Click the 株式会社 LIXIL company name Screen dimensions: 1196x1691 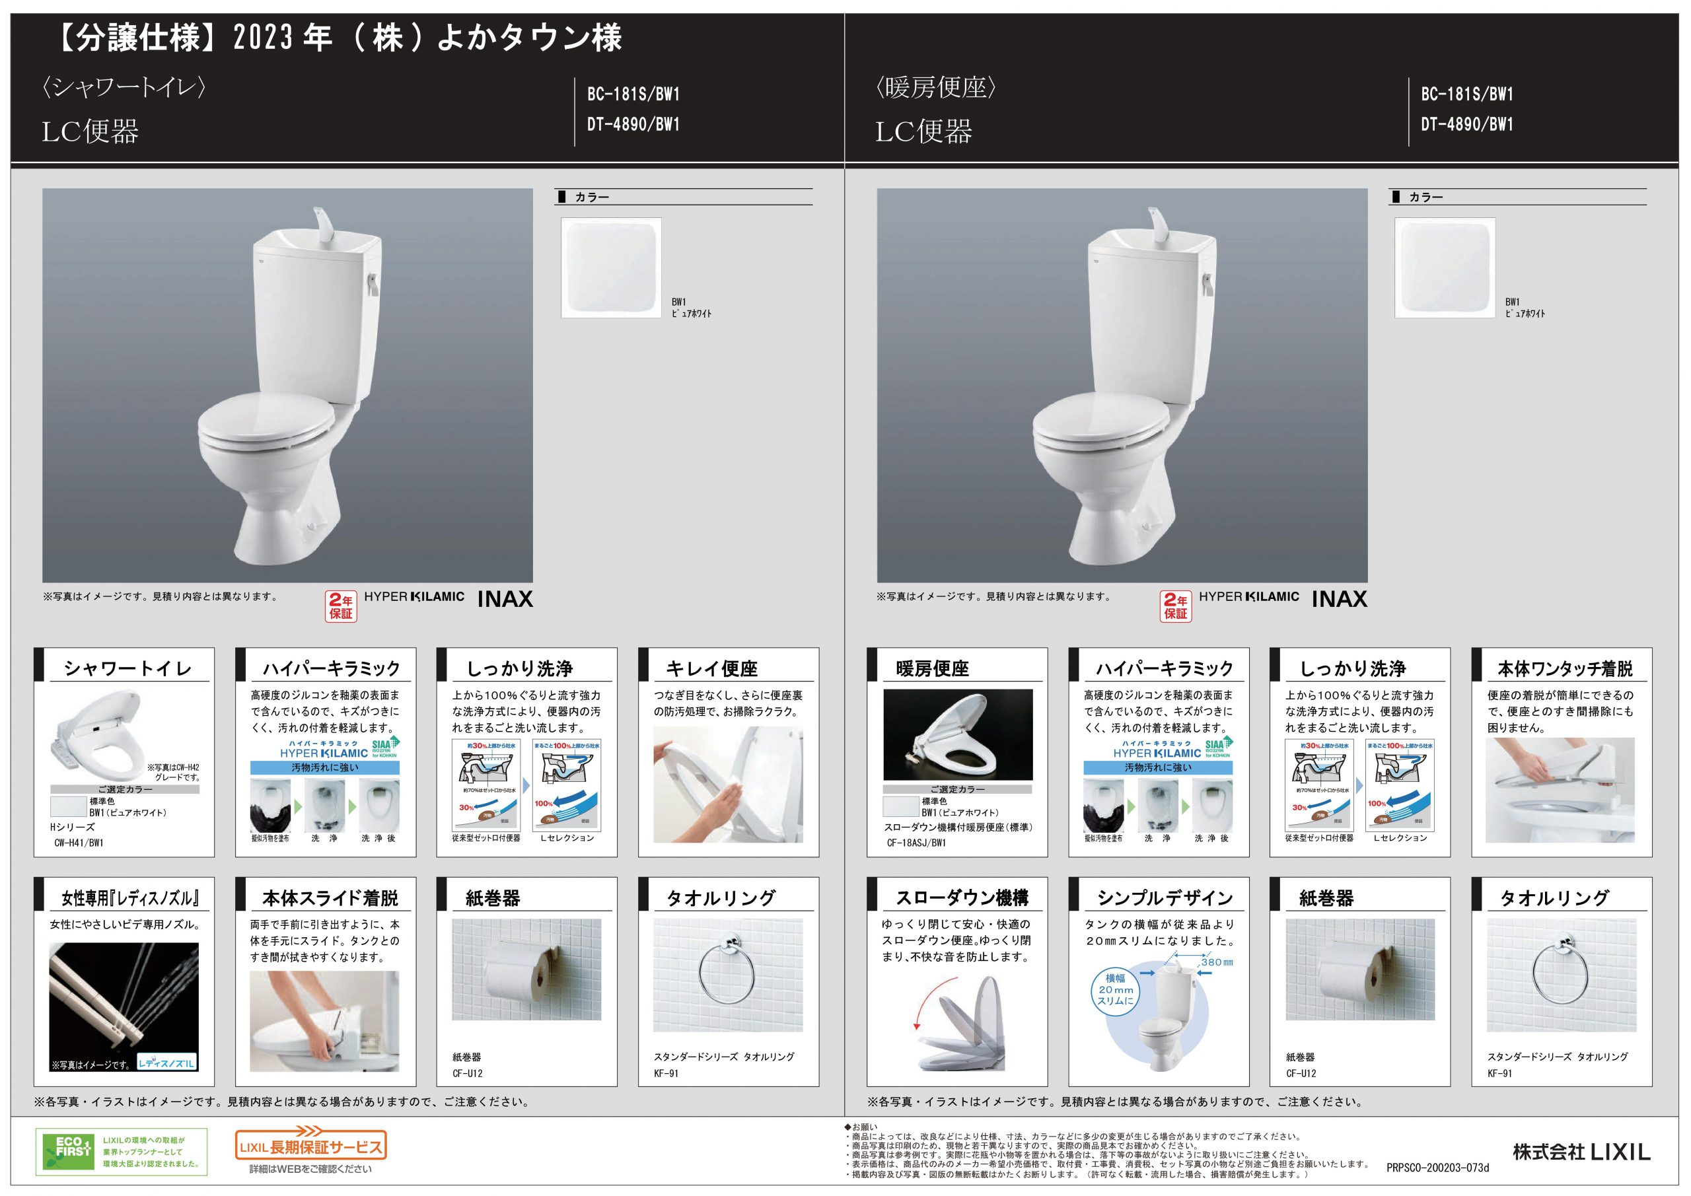point(1581,1152)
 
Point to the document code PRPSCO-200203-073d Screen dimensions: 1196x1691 point(1437,1168)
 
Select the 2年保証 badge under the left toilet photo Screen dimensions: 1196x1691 point(341,606)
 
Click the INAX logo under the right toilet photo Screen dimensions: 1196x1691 point(1339,600)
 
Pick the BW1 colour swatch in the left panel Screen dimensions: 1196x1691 point(610,268)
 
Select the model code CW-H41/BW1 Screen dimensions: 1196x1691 point(79,843)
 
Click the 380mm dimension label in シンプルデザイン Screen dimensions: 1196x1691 point(1216,962)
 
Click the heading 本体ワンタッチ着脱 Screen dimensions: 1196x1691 point(1565,669)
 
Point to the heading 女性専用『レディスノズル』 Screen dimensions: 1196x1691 point(129,898)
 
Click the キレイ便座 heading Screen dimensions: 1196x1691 point(711,669)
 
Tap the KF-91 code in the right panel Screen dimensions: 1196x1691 point(1499,1074)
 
